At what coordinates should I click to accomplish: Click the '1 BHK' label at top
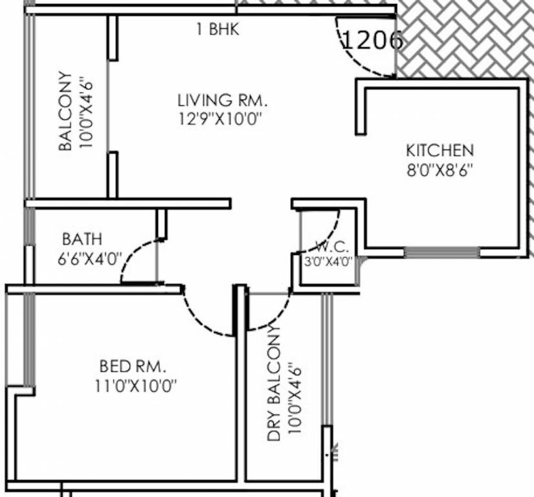pyautogui.click(x=218, y=29)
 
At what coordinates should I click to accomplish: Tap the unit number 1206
pyautogui.click(x=372, y=41)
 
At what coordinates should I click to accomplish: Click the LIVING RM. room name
pyautogui.click(x=222, y=100)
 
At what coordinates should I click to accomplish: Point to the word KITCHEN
pyautogui.click(x=439, y=151)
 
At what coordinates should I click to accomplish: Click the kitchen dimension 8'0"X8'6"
pyautogui.click(x=439, y=170)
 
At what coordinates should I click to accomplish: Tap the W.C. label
pyautogui.click(x=332, y=247)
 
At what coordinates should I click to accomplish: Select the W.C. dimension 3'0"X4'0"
pyautogui.click(x=328, y=262)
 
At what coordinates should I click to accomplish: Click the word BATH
pyautogui.click(x=82, y=239)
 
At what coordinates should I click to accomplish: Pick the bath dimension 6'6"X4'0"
pyautogui.click(x=89, y=259)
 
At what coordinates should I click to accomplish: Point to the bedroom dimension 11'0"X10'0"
pyautogui.click(x=136, y=386)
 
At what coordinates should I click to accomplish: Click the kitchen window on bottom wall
pyautogui.click(x=441, y=252)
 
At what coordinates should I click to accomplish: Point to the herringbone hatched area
pyautogui.click(x=466, y=39)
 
